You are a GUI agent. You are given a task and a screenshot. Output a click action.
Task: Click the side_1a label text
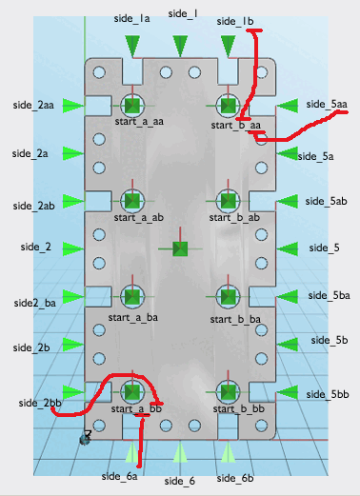[x=131, y=19]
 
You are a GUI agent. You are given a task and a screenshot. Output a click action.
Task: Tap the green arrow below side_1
[x=180, y=47]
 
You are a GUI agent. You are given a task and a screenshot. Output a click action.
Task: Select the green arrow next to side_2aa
[x=73, y=106]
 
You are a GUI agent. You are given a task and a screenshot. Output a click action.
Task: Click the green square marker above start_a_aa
[x=132, y=106]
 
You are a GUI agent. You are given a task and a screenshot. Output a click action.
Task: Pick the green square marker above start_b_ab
[x=228, y=201]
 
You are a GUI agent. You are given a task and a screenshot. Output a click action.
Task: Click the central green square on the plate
[x=180, y=248]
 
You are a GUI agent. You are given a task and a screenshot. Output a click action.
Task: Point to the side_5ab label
[x=326, y=201]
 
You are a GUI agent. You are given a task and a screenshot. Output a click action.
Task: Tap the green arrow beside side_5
[x=288, y=248]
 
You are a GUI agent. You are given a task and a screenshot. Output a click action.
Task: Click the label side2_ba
[x=35, y=303]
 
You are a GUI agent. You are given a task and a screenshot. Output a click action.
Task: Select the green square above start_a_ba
[x=132, y=296]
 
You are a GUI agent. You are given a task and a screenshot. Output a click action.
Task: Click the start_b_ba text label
[x=235, y=319]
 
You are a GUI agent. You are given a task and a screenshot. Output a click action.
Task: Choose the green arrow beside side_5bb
[x=288, y=392]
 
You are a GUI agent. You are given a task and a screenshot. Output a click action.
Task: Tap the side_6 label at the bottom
[x=180, y=481]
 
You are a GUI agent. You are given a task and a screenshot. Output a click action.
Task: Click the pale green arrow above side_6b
[x=228, y=452]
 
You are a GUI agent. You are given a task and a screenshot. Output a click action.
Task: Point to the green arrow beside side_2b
[x=73, y=345]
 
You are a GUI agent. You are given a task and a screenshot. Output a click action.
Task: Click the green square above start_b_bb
[x=228, y=392]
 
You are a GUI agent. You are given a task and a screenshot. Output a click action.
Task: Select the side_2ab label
[x=33, y=206]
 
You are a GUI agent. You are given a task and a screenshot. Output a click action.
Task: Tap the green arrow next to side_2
[x=73, y=248]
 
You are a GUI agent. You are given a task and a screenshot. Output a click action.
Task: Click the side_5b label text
[x=330, y=340]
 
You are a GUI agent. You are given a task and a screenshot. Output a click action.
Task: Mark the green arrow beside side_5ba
[x=288, y=297]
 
